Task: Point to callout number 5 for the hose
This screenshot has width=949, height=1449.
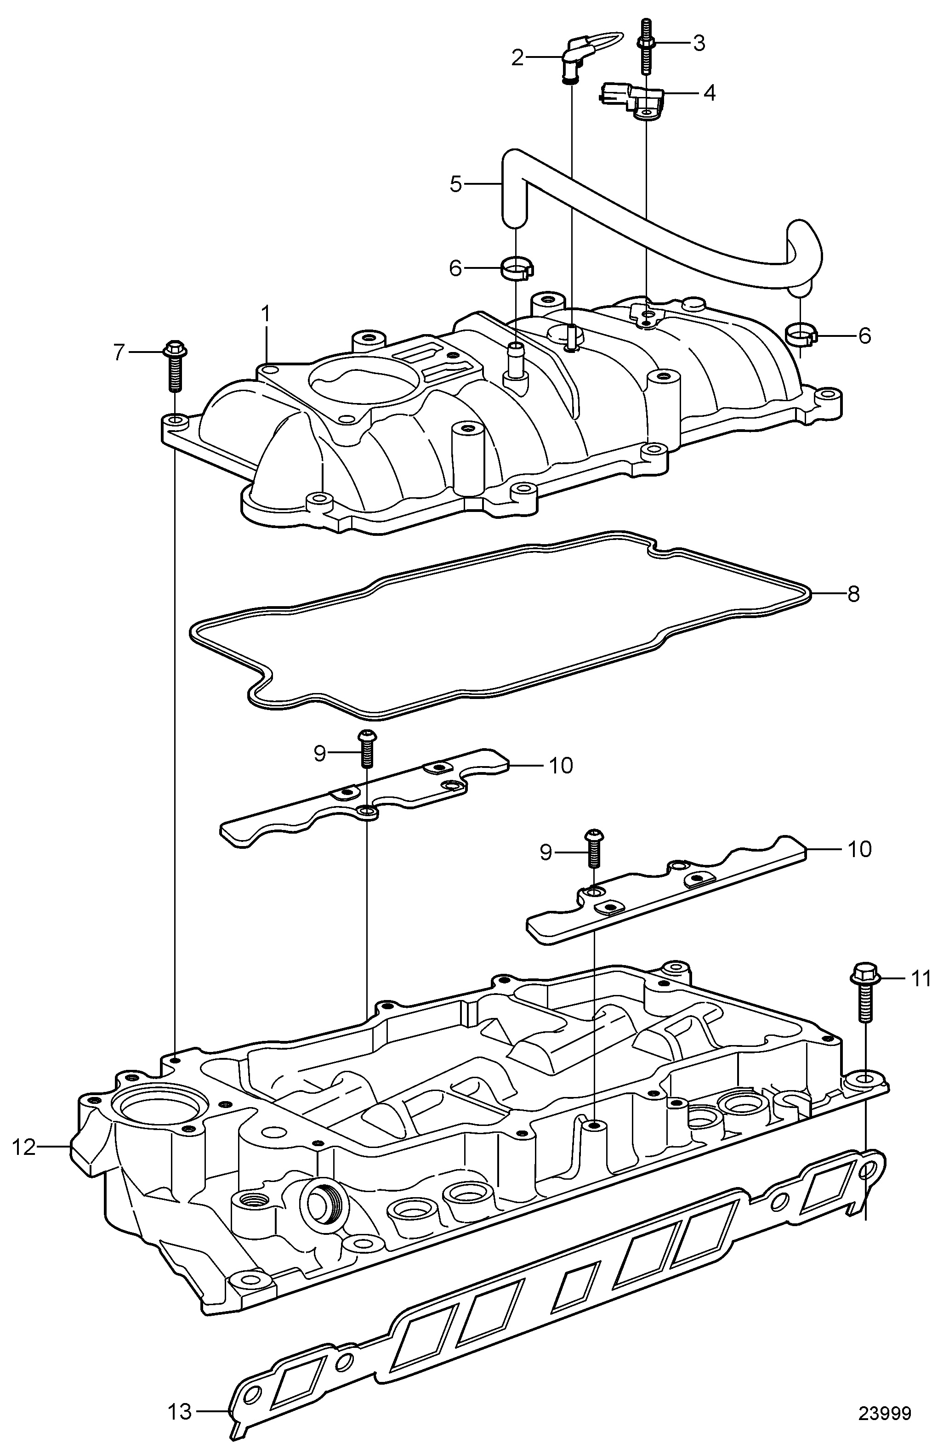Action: [x=456, y=184]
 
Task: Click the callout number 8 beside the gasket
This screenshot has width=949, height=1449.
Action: [x=853, y=594]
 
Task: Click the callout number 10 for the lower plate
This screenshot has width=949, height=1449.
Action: [x=859, y=849]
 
